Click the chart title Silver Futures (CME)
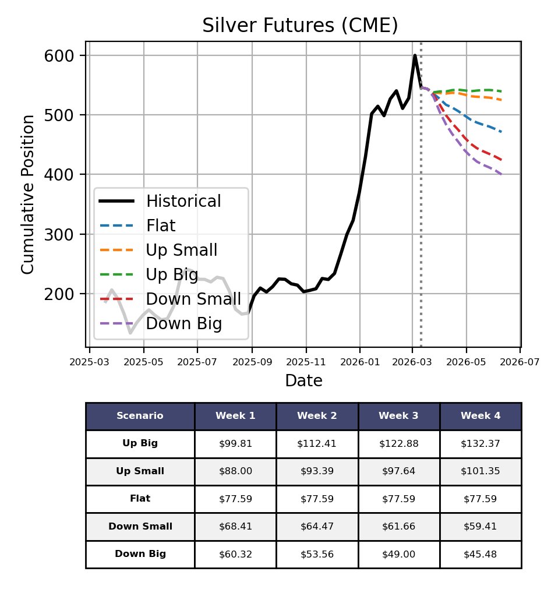click(300, 26)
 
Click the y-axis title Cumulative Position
click(28, 194)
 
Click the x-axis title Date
click(303, 381)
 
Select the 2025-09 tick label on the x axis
click(252, 362)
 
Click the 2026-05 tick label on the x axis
click(466, 362)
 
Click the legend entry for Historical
click(183, 201)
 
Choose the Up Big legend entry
click(172, 274)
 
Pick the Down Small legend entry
click(193, 299)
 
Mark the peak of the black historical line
click(415, 55)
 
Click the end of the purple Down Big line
click(502, 174)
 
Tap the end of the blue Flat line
click(502, 132)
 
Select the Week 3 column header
click(398, 416)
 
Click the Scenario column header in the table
click(140, 416)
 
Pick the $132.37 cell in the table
click(480, 443)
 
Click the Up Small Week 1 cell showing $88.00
click(235, 471)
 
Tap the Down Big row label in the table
click(140, 554)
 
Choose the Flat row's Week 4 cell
click(480, 499)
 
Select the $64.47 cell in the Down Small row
click(317, 526)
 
